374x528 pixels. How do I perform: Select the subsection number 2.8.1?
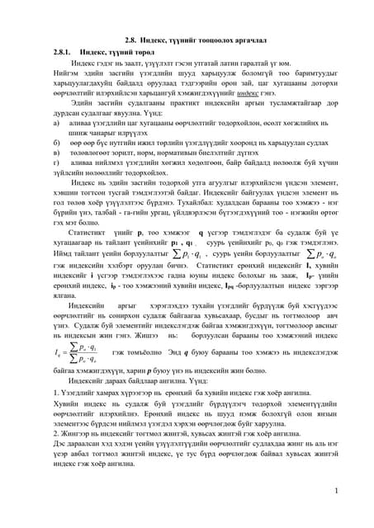pyautogui.click(x=64, y=51)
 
